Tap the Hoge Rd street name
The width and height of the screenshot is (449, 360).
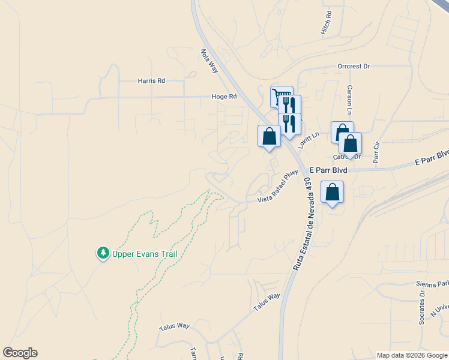pos(224,96)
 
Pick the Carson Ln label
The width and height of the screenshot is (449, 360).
pos(349,98)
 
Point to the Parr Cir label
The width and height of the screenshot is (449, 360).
pos(377,152)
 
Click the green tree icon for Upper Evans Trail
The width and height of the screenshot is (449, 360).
pos(103,254)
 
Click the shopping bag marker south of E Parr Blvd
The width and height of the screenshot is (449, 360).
pos(332,193)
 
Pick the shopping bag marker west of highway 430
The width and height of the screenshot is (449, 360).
pos(270,136)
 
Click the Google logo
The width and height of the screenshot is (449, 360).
pos(20,353)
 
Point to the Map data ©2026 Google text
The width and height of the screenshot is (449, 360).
pos(411,355)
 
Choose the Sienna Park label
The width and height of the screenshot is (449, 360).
pos(432,284)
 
